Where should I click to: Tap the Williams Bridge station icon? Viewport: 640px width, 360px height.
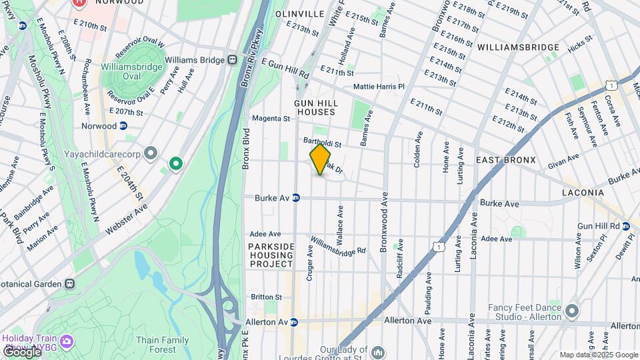coord(233,59)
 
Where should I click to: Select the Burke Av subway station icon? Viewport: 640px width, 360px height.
coord(296,197)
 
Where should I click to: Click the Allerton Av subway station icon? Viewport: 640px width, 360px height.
coord(294,322)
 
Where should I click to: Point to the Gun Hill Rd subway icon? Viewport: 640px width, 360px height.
coord(626,226)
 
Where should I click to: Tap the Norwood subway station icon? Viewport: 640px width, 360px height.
coord(123,125)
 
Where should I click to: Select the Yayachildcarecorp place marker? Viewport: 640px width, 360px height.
coord(151,154)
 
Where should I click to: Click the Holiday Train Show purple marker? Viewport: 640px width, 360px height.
coord(66,342)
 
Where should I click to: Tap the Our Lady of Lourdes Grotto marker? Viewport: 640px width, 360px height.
coord(378,351)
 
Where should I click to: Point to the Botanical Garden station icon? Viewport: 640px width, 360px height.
coord(70,283)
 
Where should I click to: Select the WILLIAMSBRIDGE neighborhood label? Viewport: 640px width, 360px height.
coord(518,47)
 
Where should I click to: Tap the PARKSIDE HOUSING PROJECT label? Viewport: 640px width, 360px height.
coord(271,255)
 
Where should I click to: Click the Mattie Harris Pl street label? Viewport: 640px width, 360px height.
coord(379,87)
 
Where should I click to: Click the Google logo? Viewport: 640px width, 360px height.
coord(22,351)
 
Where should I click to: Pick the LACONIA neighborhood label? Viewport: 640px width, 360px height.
coord(582,193)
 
